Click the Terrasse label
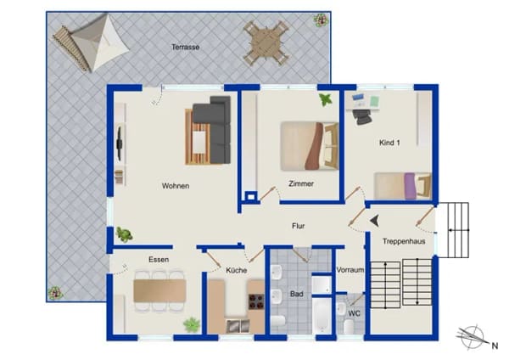tap(185, 47)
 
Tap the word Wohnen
tap(176, 186)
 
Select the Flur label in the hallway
tap(299, 226)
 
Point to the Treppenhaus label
tap(404, 241)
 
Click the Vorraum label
tap(350, 270)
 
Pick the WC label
tap(354, 313)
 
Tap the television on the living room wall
tap(120, 143)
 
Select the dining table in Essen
tap(159, 290)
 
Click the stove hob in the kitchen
tap(256, 301)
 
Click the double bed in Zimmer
tap(310, 146)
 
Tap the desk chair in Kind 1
tap(362, 116)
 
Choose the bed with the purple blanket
tap(403, 186)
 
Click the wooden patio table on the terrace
tap(266, 43)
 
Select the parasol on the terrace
tap(99, 43)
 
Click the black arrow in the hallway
tap(375, 221)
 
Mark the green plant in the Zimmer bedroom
tap(326, 99)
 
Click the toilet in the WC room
tap(349, 327)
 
